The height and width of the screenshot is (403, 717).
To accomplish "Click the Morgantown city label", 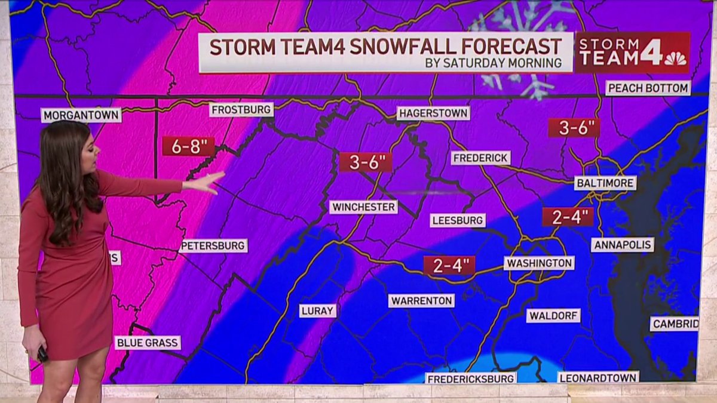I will (x=81, y=115).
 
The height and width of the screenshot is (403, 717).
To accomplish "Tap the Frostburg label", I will (x=241, y=110).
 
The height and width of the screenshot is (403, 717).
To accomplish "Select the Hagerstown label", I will (x=433, y=113).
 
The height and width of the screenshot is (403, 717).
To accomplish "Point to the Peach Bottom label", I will (x=648, y=88).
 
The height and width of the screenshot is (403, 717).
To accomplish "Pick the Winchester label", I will (x=363, y=207).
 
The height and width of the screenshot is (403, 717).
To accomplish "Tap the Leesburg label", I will (x=458, y=220).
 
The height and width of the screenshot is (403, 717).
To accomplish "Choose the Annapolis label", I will (x=623, y=245).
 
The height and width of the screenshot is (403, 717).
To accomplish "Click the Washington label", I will (x=539, y=263).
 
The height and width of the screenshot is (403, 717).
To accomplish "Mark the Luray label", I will (x=318, y=310).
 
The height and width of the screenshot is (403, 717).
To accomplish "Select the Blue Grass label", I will (x=148, y=343).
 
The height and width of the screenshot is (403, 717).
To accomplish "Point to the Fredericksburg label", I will (x=471, y=379).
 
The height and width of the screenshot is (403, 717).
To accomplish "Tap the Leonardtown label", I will (x=598, y=377).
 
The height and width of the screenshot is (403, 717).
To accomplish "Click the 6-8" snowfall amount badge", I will (x=188, y=146).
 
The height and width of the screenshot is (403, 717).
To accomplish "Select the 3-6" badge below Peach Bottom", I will (x=574, y=128).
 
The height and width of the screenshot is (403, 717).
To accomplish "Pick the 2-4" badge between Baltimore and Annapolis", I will (x=568, y=217).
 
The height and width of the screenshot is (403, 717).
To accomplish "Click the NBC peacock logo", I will (x=675, y=59).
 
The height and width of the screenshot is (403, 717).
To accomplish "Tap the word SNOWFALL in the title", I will (x=394, y=47).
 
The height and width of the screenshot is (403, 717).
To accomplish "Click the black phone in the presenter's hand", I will (x=42, y=354).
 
